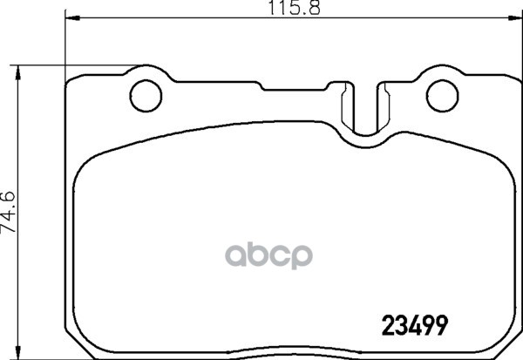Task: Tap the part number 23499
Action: tap(417, 324)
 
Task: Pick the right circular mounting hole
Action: tap(444, 90)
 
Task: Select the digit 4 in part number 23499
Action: tap(417, 324)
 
